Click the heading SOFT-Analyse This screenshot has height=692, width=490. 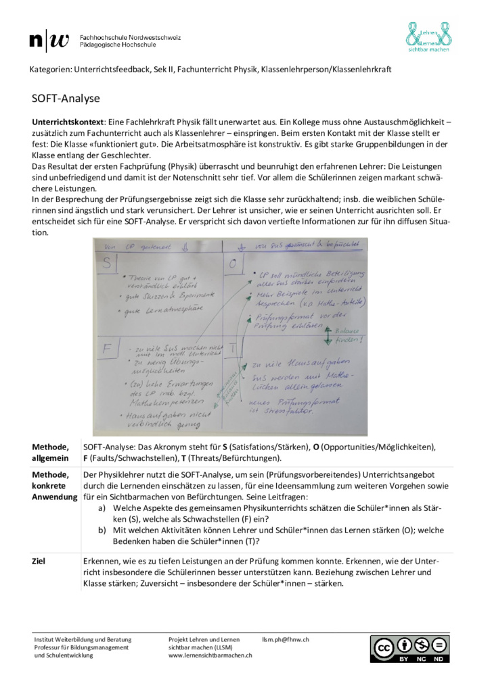pos(66,99)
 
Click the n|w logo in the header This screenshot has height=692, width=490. pos(49,41)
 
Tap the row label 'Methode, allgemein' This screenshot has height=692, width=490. pos(51,452)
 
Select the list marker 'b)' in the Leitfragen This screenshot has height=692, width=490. pos(102,530)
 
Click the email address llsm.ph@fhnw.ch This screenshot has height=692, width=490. pos(286,639)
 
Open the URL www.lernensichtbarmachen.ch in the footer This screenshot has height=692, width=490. pos(210,655)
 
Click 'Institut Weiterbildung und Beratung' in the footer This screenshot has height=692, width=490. pos(83,639)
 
